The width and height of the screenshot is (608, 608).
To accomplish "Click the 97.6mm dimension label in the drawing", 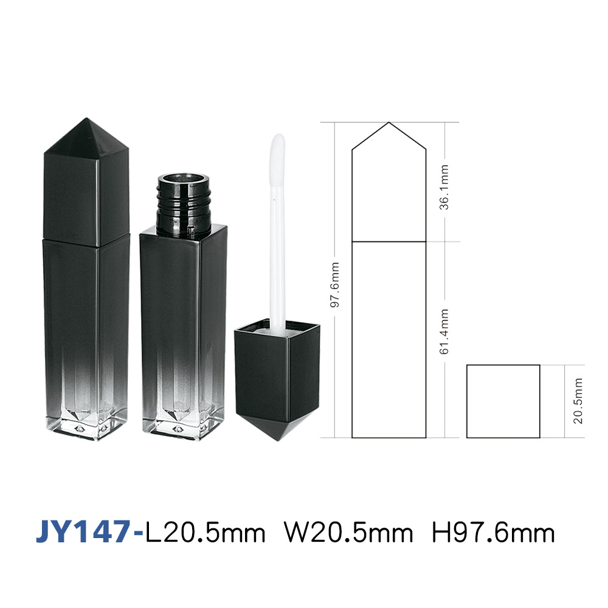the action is click(334, 285).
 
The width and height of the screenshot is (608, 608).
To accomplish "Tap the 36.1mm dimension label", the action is click(444, 187).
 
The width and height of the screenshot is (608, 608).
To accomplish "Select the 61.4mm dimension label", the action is click(444, 331).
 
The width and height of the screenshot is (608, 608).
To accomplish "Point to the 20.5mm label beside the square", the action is click(578, 401).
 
